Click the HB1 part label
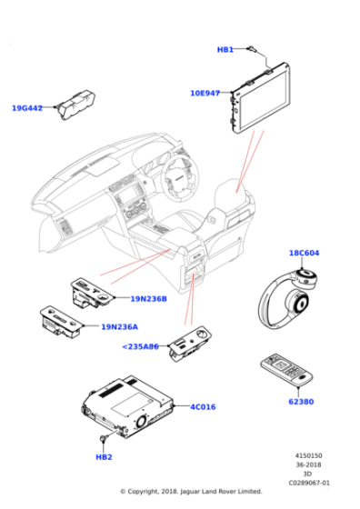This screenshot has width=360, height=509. [225, 49]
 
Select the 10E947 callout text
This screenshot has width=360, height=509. [206, 93]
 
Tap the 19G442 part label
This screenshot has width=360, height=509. [27, 108]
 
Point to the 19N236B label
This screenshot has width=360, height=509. [148, 298]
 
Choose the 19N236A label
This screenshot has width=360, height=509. [119, 326]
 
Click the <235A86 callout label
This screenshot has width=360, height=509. [140, 346]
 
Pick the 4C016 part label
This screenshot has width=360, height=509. [203, 406]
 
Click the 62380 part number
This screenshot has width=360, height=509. [301, 401]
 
